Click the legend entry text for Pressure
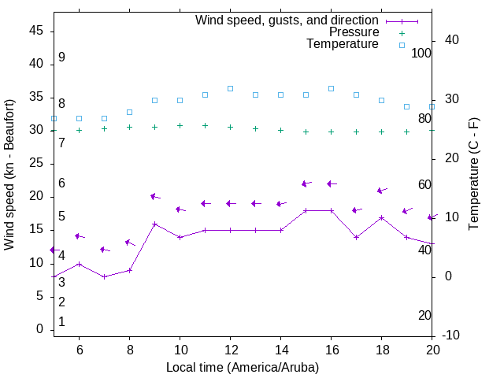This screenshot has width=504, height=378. click(354, 32)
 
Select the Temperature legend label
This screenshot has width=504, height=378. click(343, 44)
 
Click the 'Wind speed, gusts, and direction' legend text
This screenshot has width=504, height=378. click(287, 20)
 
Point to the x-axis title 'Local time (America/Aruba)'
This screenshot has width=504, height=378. click(243, 367)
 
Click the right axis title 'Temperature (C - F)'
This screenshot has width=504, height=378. click(473, 175)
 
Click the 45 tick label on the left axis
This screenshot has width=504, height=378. click(35, 31)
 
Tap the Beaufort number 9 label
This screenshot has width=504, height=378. click(61, 57)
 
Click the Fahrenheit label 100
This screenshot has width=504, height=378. click(421, 53)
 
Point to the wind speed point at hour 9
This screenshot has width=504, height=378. click(154, 224)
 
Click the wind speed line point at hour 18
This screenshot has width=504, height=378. click(381, 217)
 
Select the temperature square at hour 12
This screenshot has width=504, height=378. click(230, 88)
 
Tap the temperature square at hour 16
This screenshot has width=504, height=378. click(331, 88)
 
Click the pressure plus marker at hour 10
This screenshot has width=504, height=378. click(180, 125)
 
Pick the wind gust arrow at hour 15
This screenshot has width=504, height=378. click(306, 183)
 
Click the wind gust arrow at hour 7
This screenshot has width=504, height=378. click(105, 250)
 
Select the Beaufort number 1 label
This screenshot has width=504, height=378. click(61, 322)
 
